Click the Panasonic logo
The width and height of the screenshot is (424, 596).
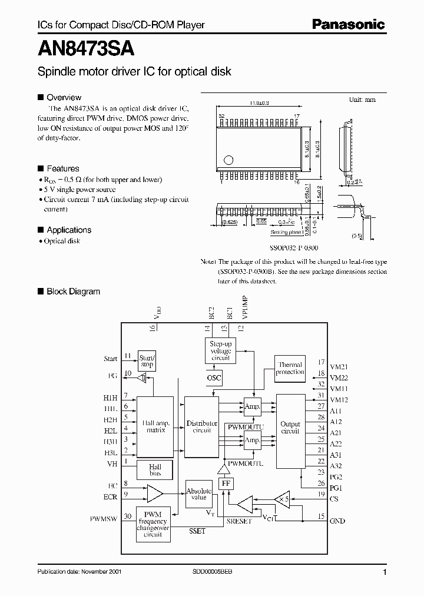347,24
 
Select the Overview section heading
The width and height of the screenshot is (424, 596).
64,98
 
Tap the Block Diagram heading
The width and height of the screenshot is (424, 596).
73,292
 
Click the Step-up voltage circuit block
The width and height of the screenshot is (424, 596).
220,351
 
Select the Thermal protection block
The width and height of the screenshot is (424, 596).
290,368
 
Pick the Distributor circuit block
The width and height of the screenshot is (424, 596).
201,427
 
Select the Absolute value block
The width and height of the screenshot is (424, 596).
199,494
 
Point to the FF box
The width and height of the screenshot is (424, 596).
225,484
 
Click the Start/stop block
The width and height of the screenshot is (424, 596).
147,360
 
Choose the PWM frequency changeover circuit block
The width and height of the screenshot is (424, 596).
153,522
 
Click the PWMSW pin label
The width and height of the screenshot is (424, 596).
104,519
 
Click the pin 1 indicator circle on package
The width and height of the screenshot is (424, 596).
228,159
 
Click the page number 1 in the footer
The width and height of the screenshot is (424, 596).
385,572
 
